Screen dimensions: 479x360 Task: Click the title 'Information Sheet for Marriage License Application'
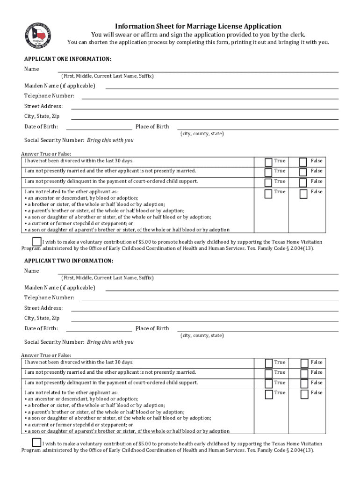198,26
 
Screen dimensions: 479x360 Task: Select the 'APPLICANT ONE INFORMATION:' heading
68,59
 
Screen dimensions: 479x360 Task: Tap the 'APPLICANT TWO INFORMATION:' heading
69,261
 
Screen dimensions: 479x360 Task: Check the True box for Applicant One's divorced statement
268,162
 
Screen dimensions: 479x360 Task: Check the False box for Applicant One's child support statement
303,182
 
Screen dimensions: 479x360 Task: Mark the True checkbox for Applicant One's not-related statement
268,193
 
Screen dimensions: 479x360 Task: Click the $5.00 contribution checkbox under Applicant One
36,241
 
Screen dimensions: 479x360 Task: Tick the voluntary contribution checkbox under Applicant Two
36,442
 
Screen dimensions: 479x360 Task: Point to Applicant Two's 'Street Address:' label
43,308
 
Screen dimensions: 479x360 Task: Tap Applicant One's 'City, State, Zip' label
42,116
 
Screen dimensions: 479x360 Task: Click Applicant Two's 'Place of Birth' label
152,328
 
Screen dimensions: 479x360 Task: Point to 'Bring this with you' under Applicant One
110,140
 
